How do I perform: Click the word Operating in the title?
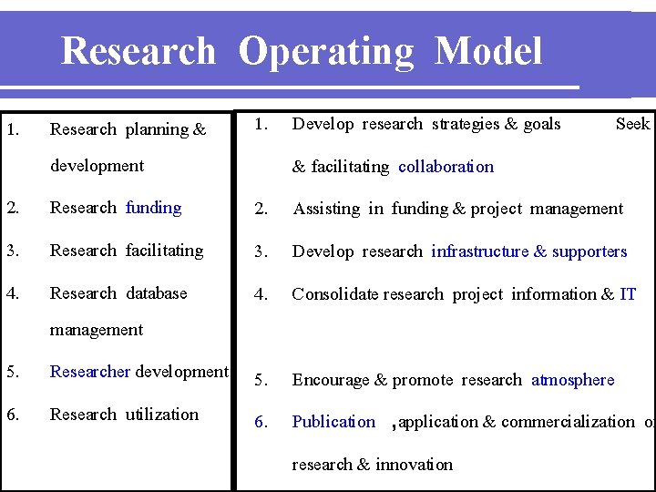pos(325,52)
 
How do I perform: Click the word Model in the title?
pos(488,52)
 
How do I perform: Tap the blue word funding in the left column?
pos(153,208)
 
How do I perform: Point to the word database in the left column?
pos(156,293)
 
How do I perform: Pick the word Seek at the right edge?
pos(632,124)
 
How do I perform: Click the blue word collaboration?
pos(446,167)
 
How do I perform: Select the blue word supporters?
pos(589,251)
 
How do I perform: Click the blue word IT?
pos(628,294)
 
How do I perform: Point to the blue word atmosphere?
pos(572,380)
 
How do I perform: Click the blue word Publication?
pos(333,422)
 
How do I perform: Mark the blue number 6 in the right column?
pos(261,422)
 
